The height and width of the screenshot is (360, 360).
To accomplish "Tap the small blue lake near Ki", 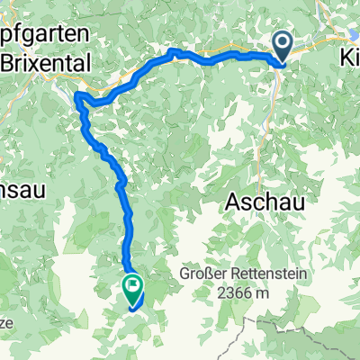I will pyautogui.click(x=347, y=36).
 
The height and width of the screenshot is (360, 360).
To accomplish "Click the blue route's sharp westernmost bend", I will pyautogui.click(x=76, y=95).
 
